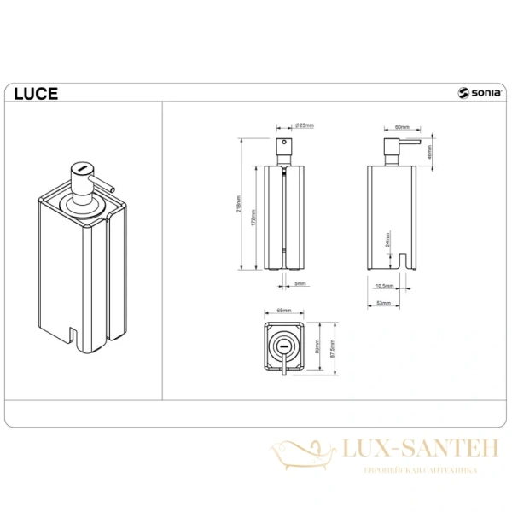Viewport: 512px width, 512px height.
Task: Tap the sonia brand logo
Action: pos(478,95)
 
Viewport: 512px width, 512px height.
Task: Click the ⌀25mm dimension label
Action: pos(304,126)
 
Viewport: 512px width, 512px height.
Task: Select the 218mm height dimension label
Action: pos(241,203)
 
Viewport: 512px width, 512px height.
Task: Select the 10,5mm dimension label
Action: pos(383,287)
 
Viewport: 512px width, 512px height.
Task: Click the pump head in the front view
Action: pos(285,148)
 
